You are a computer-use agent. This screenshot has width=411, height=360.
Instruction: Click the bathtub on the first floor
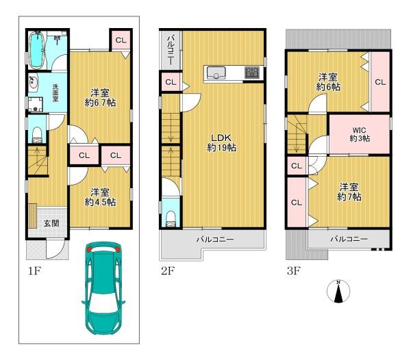coord(37,50)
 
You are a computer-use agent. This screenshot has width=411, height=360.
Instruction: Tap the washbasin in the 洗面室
coord(34,82)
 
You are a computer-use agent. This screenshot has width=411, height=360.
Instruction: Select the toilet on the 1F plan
coord(37,135)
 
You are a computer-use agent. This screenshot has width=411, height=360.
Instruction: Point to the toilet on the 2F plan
coord(171,219)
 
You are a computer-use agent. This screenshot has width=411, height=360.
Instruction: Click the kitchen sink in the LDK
coord(216,73)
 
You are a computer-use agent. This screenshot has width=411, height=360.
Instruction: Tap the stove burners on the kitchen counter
coord(252,73)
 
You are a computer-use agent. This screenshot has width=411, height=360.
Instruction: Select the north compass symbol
coord(338,291)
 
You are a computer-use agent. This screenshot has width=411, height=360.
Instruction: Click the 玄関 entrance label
coord(51,223)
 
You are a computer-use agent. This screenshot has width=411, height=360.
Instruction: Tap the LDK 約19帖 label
coord(221,142)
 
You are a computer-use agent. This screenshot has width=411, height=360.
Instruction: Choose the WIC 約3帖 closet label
coord(360,134)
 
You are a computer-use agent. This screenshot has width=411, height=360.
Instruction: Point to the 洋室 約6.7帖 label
coord(100,98)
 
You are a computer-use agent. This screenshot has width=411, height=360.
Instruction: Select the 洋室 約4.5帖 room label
coord(100,197)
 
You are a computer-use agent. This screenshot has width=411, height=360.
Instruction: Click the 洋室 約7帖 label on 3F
coord(349,192)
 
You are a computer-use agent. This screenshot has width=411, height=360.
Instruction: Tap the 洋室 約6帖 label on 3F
coord(328,82)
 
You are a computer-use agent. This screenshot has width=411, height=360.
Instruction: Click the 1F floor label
coord(34,271)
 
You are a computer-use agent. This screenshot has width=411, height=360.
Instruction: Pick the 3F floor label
coord(293,271)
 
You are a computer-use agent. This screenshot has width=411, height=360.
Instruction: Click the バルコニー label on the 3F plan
coord(349,239)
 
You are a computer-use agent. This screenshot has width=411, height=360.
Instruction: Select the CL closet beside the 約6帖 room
coord(380,82)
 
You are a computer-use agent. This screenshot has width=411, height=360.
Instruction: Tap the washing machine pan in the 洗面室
coord(36,105)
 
